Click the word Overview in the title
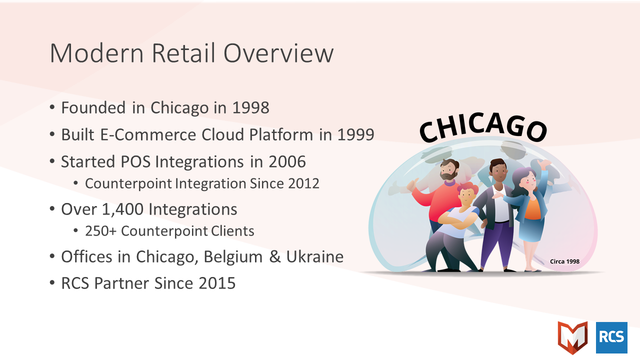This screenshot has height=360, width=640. pyautogui.click(x=278, y=53)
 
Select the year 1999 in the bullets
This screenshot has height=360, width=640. pyautogui.click(x=355, y=134)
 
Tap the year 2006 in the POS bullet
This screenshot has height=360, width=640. pyautogui.click(x=287, y=161)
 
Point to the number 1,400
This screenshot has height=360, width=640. pyautogui.click(x=122, y=209)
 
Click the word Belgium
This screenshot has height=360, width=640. pyautogui.click(x=233, y=256)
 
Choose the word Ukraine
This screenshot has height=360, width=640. pyautogui.click(x=314, y=256)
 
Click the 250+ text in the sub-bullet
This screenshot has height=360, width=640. pyautogui.click(x=101, y=231)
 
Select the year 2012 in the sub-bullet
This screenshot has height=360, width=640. pyautogui.click(x=303, y=183)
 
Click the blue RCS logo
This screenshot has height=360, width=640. pyautogui.click(x=611, y=337)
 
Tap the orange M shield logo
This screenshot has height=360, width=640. pyautogui.click(x=572, y=337)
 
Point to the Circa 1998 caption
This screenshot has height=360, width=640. pyautogui.click(x=564, y=261)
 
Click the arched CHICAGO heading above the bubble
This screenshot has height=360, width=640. pyautogui.click(x=483, y=127)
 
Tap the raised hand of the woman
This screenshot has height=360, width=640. pyautogui.click(x=544, y=164)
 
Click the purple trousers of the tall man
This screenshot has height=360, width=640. pyautogui.click(x=496, y=243)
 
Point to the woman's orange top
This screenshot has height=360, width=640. pyautogui.click(x=533, y=209)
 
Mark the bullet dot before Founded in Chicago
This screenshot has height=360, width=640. pyautogui.click(x=52, y=107)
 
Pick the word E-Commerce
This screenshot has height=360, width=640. pyautogui.click(x=148, y=134)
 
